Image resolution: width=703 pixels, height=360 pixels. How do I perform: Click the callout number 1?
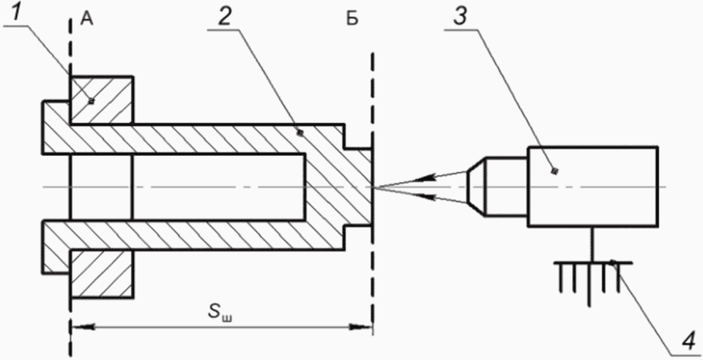(x=17, y=14)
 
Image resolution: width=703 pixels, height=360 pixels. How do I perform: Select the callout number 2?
(x=226, y=17)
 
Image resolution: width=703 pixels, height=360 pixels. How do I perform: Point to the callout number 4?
(x=689, y=342)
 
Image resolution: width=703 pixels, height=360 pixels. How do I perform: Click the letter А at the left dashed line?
(x=87, y=20)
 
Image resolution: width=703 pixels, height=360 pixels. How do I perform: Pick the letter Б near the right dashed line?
(x=353, y=20)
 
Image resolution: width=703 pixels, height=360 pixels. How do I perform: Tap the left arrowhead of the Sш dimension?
(x=80, y=327)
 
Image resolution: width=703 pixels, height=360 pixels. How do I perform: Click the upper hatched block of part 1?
(x=102, y=100)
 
